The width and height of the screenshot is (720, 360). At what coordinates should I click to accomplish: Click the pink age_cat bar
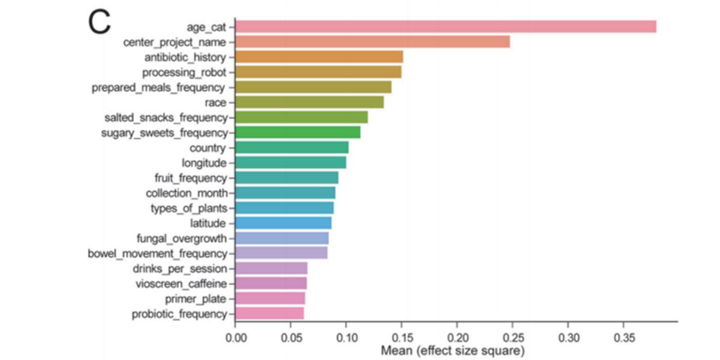(445, 26)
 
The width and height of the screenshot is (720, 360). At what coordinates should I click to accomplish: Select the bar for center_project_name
(372, 41)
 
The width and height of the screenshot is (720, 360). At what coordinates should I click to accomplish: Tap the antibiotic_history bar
(319, 57)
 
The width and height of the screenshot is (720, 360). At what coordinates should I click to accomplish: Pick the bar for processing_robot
(318, 72)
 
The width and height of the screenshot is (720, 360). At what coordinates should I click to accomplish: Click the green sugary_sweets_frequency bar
(298, 132)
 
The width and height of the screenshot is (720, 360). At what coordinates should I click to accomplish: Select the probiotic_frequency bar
(269, 313)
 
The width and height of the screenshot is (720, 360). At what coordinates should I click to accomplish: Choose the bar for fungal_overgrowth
(282, 238)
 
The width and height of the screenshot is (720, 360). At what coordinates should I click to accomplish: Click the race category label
(215, 103)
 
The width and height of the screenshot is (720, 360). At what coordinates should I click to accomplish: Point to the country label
(206, 148)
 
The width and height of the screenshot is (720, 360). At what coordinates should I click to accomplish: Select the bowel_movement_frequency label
(157, 253)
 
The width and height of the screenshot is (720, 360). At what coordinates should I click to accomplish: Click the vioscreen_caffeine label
(181, 283)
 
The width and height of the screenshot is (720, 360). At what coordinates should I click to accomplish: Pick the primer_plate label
(196, 298)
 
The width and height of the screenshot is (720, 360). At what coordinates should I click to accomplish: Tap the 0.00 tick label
(236, 337)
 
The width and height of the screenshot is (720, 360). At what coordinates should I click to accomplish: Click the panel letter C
(100, 22)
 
